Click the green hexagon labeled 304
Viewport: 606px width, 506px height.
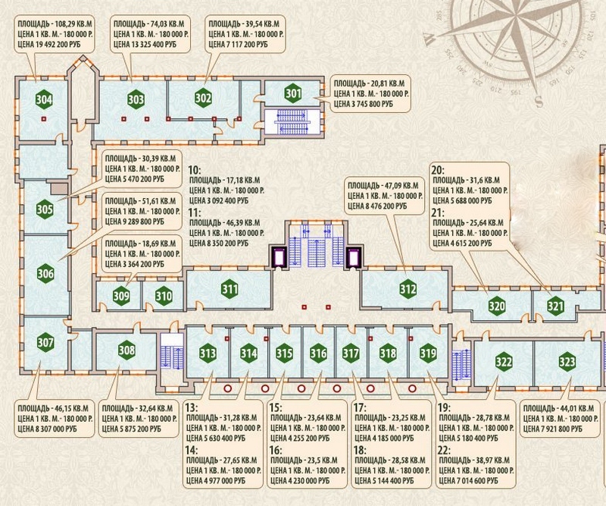pyautogui.click(x=44, y=99)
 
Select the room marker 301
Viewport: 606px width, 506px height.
pyautogui.click(x=293, y=93)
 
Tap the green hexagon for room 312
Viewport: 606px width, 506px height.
pyautogui.click(x=408, y=289)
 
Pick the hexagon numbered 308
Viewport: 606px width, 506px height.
pyautogui.click(x=127, y=350)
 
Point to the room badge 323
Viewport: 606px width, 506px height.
pyautogui.click(x=567, y=362)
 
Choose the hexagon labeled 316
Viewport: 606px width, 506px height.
pyautogui.click(x=318, y=353)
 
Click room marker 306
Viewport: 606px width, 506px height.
pyautogui.click(x=45, y=273)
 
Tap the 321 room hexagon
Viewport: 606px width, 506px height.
pyautogui.click(x=555, y=306)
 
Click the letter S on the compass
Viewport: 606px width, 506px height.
pyautogui.click(x=539, y=102)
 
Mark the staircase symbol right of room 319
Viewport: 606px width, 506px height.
pyautogui.click(x=462, y=365)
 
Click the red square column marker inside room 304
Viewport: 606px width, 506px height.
pyautogui.click(x=44, y=118)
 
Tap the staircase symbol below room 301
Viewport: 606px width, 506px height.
pyautogui.click(x=292, y=122)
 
